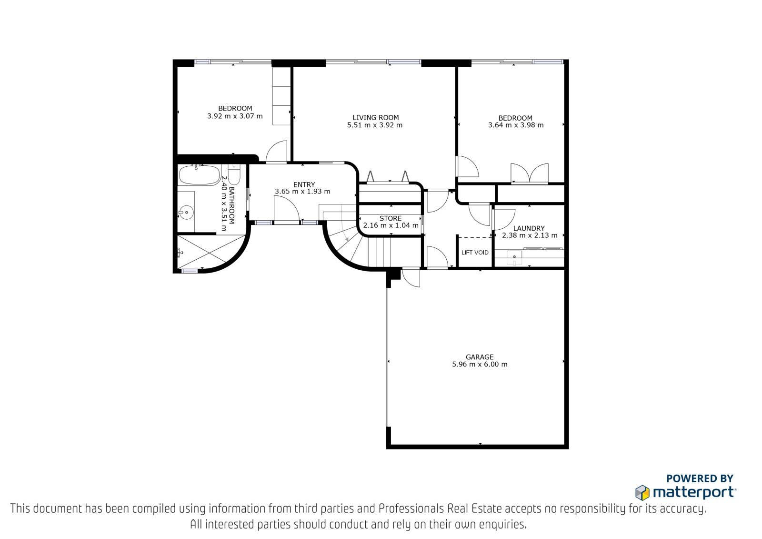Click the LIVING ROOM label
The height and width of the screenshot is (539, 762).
tap(376, 117)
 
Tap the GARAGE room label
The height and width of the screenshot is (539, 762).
tap(480, 357)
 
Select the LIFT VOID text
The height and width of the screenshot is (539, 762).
tap(475, 252)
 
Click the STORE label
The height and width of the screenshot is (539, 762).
tap(391, 218)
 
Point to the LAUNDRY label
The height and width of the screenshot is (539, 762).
tap(529, 228)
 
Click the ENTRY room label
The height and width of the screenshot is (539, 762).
tap(304, 184)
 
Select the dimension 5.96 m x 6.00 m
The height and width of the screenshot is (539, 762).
tap(480, 364)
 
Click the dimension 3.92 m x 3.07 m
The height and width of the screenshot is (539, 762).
tap(235, 116)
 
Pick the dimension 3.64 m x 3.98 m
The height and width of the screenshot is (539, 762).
tap(516, 125)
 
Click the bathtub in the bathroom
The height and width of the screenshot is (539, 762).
tap(200, 175)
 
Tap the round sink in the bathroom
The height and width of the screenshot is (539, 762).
tap(186, 213)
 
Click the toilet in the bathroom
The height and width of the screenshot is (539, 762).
tap(234, 174)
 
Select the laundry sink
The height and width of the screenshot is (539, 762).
tap(514, 257)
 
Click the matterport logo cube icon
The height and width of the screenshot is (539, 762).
tap(642, 493)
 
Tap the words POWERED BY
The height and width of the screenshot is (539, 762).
tap(700, 478)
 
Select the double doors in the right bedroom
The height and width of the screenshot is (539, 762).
tap(530, 173)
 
